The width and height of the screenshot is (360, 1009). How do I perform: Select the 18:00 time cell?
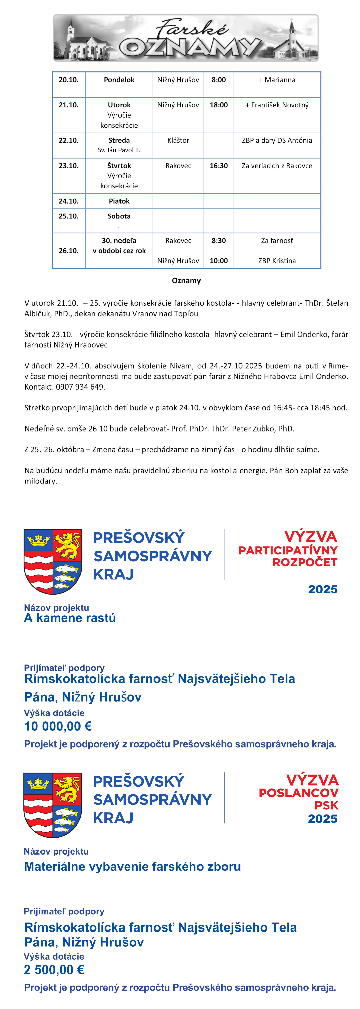pyautogui.click(x=219, y=105)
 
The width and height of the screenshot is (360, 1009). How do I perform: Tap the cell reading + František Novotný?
pyautogui.click(x=277, y=105)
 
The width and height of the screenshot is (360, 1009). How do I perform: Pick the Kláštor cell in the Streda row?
pyautogui.click(x=178, y=140)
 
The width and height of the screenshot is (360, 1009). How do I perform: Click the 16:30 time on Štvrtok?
pyautogui.click(x=219, y=166)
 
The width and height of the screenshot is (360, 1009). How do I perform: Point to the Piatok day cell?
pyautogui.click(x=119, y=201)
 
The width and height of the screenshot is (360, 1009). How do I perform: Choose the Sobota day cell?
pyautogui.click(x=119, y=216)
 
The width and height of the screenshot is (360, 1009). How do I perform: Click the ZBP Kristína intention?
pyautogui.click(x=277, y=261)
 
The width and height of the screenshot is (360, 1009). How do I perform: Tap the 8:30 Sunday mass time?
pyautogui.click(x=219, y=241)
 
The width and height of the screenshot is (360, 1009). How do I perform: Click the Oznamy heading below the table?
pyautogui.click(x=186, y=281)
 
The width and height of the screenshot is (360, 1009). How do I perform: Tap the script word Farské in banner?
pyautogui.click(x=192, y=29)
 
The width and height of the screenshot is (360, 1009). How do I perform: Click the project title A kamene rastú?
pyautogui.click(x=70, y=618)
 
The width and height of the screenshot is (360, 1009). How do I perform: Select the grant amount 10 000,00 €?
pyautogui.click(x=58, y=727)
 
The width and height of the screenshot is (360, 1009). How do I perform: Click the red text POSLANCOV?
pyautogui.click(x=299, y=793)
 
